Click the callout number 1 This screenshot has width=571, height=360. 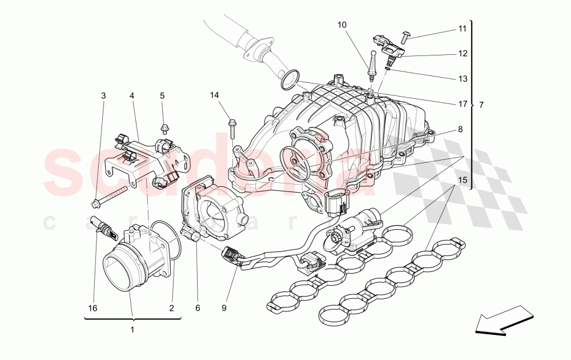point(132,330)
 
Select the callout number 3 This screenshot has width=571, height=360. point(103,96)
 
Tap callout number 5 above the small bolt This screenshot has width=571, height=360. point(162,96)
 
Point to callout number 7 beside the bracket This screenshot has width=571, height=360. point(481,105)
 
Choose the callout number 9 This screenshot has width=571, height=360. point(224,309)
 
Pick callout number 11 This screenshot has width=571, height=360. point(462,28)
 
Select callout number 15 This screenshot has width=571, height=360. point(462,181)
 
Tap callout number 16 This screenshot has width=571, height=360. point(93,309)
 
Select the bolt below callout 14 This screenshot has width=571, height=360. point(232,128)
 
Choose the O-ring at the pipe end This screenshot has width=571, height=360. point(290,80)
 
